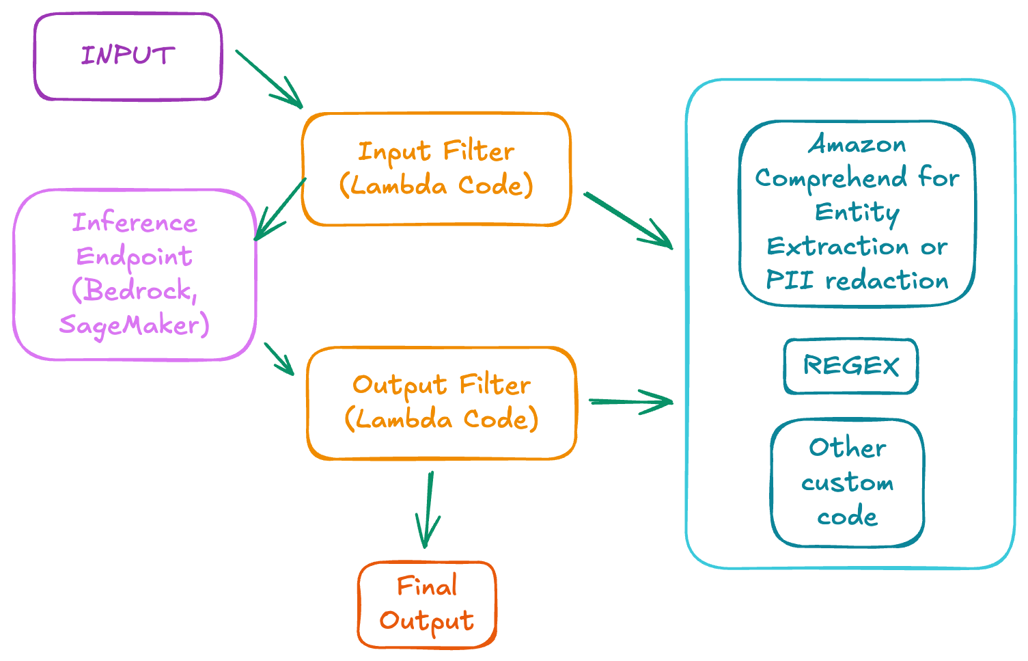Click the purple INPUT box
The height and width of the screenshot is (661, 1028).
click(x=128, y=56)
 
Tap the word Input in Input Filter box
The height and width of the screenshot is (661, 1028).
click(x=394, y=152)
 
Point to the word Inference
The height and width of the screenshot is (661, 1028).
click(x=135, y=223)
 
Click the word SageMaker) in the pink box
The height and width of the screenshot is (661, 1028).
click(x=134, y=325)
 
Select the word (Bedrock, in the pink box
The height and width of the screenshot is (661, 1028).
click(x=135, y=291)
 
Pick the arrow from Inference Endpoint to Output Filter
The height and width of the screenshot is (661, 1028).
click(x=279, y=358)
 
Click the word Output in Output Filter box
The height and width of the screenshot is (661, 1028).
click(x=400, y=386)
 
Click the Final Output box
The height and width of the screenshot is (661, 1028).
click(x=427, y=604)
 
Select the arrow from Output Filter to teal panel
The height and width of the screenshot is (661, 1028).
click(x=630, y=402)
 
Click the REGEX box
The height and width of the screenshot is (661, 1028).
click(x=850, y=366)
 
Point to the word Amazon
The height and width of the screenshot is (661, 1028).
click(x=857, y=144)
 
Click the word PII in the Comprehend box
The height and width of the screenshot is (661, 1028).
click(x=790, y=280)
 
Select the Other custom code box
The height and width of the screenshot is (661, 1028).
click(x=848, y=483)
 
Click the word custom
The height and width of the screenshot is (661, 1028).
click(x=848, y=483)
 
